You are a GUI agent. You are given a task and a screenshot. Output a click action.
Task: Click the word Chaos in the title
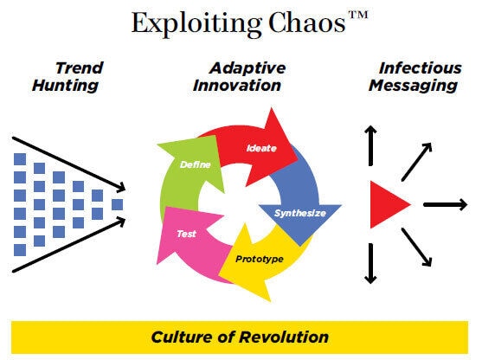pos(307,22)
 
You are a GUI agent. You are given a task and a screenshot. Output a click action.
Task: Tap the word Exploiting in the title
pos(196,24)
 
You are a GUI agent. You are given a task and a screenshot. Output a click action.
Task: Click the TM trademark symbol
pos(358,15)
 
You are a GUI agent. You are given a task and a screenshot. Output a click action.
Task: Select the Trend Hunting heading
pos(68,76)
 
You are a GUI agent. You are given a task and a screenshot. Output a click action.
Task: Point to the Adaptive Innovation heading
pos(239,76)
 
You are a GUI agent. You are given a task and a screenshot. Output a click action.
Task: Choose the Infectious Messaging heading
pos(415,76)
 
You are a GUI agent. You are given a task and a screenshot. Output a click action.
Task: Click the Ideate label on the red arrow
pos(261,148)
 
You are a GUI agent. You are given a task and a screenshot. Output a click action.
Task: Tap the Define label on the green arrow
pos(196,164)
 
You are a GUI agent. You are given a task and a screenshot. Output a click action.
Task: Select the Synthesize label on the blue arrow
pos(300,213)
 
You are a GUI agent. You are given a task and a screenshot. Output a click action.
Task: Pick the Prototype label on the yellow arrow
pos(260,259)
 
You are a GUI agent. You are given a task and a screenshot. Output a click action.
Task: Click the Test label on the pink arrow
pos(186,234)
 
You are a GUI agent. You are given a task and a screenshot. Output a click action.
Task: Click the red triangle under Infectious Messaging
pos(388,204)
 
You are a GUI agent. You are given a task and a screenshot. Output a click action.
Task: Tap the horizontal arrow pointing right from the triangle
pos(446,204)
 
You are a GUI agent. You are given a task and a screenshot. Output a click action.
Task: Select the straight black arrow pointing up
pos(370,145)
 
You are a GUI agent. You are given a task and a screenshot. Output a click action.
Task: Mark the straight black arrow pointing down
pos(370,263)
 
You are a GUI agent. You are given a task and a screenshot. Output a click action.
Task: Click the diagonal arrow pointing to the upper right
pos(417,162)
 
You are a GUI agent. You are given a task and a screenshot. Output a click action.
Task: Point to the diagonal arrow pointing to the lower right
pos(416,247)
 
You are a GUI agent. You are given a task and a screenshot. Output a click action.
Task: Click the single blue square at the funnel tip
pos(117,204)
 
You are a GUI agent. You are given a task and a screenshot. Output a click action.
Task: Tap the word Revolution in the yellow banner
pos(284,337)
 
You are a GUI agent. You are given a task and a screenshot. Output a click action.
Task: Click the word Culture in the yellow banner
pos(182,337)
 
